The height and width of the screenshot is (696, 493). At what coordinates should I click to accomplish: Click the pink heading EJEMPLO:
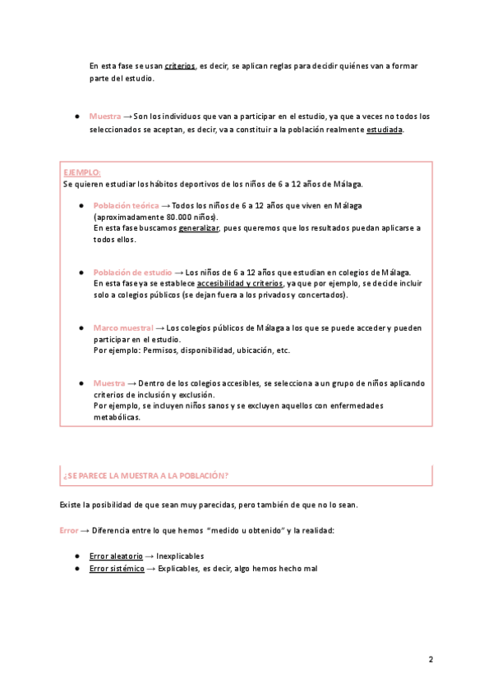(x=82, y=172)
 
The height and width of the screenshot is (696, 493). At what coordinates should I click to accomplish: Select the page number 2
(x=431, y=659)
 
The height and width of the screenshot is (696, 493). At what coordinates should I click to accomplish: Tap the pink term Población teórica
(x=127, y=205)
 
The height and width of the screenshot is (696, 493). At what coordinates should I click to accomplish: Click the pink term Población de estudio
(x=133, y=272)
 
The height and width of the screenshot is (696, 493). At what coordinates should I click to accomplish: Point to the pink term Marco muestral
(x=123, y=327)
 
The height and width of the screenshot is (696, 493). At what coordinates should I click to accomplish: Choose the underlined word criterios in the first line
(x=180, y=65)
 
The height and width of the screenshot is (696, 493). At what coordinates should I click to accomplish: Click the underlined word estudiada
(x=385, y=130)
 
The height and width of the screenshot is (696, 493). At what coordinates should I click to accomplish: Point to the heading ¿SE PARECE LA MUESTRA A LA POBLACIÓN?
(x=145, y=476)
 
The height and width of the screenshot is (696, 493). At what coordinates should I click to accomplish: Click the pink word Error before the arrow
(x=69, y=531)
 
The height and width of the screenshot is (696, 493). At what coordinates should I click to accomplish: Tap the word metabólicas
(x=117, y=417)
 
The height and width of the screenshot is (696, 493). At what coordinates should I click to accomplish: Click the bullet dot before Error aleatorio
(x=76, y=556)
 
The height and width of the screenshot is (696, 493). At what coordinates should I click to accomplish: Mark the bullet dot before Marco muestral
(x=81, y=327)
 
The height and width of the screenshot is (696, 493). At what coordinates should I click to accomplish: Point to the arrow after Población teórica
(x=166, y=205)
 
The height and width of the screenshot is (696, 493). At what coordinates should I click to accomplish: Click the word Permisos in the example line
(x=162, y=350)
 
